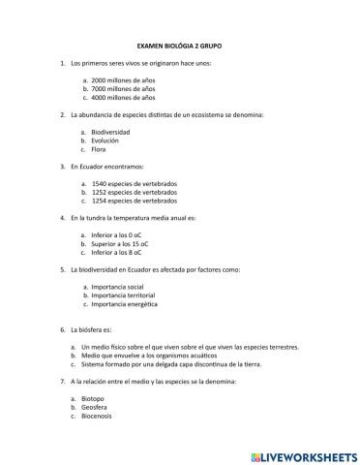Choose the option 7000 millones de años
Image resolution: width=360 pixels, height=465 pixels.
pyautogui.click(x=122, y=89)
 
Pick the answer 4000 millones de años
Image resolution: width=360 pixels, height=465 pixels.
pyautogui.click(x=122, y=98)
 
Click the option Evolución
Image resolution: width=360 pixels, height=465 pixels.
pyautogui.click(x=105, y=140)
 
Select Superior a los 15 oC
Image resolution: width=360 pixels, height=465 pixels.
pyautogui.click(x=120, y=243)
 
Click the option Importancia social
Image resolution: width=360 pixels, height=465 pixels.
pyautogui.click(x=117, y=287)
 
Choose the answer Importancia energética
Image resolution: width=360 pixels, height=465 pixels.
pyautogui.click(x=123, y=304)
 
